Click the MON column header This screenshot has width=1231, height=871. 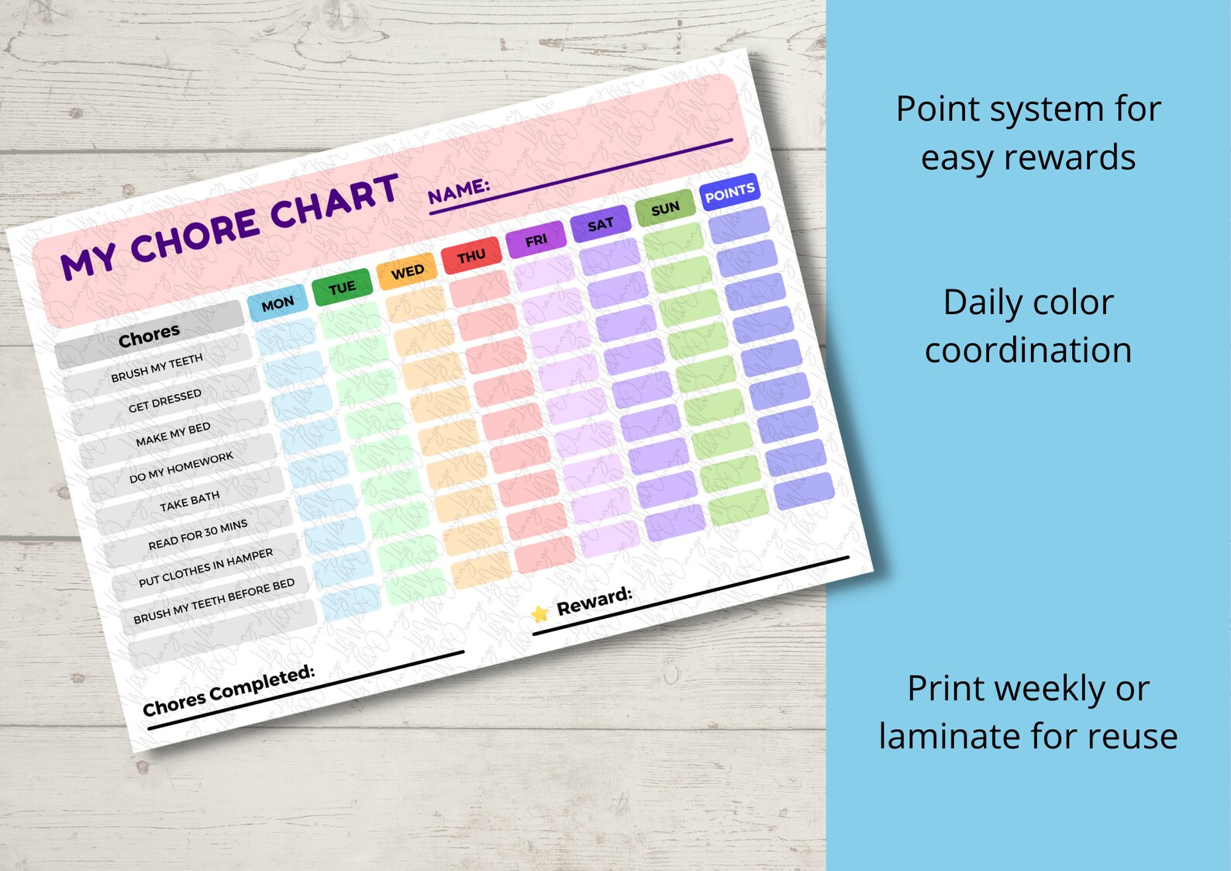278,303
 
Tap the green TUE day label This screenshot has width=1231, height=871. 342,288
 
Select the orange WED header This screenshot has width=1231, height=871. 407,271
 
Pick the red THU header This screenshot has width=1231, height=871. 471,256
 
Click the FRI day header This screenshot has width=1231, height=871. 536,240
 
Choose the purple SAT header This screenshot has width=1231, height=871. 600,225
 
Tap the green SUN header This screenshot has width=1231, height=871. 665,209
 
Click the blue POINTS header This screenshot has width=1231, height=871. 729,192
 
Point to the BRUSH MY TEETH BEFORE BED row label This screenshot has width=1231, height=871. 214,600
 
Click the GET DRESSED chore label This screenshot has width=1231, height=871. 164,400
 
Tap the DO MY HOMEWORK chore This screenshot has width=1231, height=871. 181,468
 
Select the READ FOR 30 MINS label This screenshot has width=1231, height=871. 198,534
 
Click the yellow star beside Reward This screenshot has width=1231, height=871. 540,614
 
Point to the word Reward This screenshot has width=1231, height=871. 595,600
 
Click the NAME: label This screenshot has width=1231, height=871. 459,190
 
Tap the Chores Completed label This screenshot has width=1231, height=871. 229,690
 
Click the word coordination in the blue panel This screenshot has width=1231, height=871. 1028,351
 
